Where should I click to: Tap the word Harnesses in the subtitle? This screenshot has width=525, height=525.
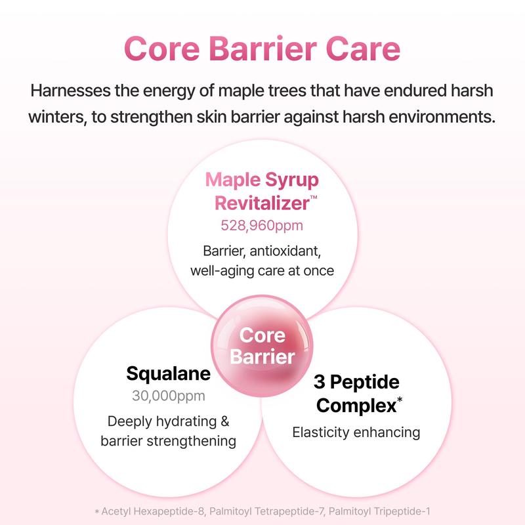[x=70, y=91]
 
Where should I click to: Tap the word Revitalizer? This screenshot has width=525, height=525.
[x=262, y=203]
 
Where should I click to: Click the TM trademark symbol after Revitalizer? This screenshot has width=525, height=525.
[x=314, y=198]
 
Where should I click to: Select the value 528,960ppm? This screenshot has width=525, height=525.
[x=262, y=225]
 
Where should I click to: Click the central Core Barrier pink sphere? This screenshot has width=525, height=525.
[x=262, y=346]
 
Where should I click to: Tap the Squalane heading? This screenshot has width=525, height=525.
[x=169, y=373]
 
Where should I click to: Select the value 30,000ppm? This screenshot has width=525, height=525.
[x=169, y=396]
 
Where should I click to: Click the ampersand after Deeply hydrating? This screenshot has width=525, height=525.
[x=225, y=421]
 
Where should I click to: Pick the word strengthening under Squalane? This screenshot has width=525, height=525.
[x=192, y=441]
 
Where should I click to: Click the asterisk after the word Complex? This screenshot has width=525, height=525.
[x=400, y=400]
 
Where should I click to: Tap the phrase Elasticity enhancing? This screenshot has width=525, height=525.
[x=356, y=432]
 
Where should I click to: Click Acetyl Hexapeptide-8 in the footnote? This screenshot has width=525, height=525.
[x=152, y=511]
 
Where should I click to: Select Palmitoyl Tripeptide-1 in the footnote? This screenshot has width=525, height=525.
[x=379, y=511]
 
